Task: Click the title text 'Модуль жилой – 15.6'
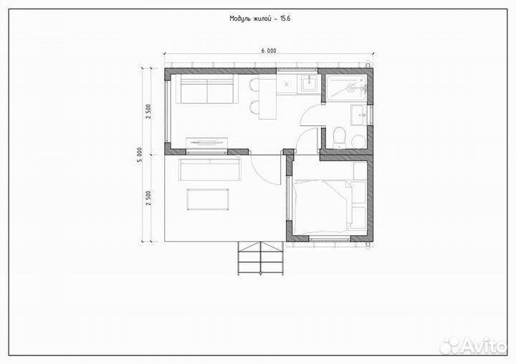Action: coord(260,19)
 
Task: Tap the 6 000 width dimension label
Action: coord(269,51)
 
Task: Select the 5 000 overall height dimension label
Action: coord(140,155)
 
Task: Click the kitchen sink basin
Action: coord(309,82)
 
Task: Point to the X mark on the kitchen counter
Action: coord(286,85)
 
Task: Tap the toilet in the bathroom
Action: coord(339,138)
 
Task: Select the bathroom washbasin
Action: coord(360,115)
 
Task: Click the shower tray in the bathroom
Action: coord(347,86)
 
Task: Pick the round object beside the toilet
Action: coord(358,142)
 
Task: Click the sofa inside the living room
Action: coord(206,89)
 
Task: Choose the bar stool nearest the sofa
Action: coord(254,85)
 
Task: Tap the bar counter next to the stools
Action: coord(267,99)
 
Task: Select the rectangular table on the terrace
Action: coord(208,199)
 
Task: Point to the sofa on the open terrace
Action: coord(209,170)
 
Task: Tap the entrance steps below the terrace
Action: coord(261,258)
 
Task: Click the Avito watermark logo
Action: coord(473,345)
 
